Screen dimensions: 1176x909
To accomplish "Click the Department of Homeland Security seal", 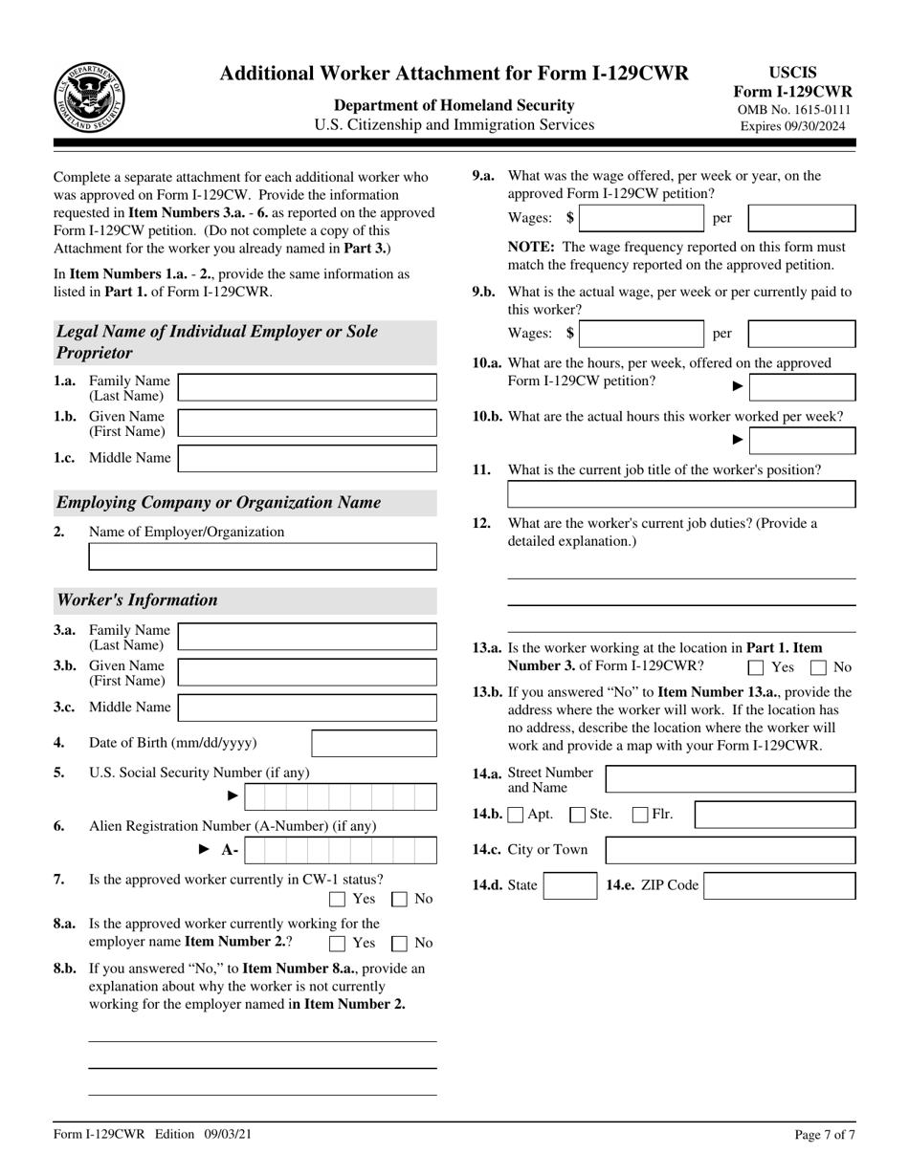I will tap(89, 98).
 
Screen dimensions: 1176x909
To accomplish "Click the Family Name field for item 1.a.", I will tap(307, 387).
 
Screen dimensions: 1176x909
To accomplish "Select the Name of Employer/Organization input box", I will tap(262, 556).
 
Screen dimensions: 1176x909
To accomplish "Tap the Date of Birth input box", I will tap(374, 743).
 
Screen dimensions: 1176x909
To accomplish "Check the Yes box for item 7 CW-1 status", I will tap(337, 899).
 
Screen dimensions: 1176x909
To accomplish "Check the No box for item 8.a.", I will tap(400, 943).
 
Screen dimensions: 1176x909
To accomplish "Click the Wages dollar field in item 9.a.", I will tap(641, 218).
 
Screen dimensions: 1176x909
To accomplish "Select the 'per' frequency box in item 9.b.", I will tap(801, 333).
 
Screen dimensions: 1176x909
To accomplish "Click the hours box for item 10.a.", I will tap(802, 386).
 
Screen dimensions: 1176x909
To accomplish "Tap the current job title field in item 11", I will tap(680, 493).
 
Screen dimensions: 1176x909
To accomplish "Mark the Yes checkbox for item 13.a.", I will tap(756, 667).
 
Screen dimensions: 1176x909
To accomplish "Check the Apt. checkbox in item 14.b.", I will tap(517, 816).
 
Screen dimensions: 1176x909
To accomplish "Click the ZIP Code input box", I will tap(779, 885).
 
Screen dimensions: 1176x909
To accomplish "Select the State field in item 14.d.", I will tap(569, 885).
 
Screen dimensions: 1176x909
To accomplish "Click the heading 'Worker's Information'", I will tap(138, 600).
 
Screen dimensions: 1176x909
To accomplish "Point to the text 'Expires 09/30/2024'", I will tap(792, 125).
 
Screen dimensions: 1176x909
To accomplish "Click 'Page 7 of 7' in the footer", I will tap(825, 1135).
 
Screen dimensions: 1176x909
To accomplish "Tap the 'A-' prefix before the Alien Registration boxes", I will tap(231, 850).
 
